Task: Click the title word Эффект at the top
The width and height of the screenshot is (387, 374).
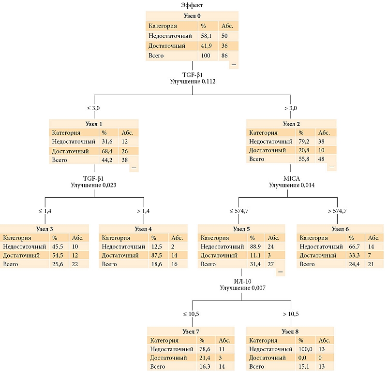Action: click(192, 5)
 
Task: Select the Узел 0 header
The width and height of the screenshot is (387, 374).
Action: click(192, 16)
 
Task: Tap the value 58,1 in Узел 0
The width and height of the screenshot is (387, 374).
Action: click(206, 36)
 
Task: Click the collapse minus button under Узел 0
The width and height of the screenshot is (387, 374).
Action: click(234, 65)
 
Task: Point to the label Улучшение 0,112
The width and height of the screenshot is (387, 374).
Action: click(193, 81)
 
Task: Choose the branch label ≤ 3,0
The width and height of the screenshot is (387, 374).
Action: click(93, 108)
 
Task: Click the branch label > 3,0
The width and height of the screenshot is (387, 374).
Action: click(291, 108)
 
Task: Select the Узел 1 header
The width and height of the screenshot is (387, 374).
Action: click(94, 124)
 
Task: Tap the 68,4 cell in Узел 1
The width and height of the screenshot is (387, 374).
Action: click(107, 151)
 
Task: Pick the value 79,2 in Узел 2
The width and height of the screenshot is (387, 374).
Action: click(304, 142)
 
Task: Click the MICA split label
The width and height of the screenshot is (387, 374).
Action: click(292, 178)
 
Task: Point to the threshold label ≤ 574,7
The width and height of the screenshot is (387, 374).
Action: click(238, 211)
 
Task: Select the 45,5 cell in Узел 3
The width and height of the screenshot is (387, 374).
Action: click(58, 246)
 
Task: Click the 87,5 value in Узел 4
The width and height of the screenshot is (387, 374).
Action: click(157, 256)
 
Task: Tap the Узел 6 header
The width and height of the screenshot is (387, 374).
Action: click(340, 229)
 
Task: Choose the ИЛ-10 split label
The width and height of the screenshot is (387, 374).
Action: click(243, 281)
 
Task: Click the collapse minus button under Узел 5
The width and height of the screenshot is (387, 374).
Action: click(280, 272)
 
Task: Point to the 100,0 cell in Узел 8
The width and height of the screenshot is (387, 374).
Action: click(305, 349)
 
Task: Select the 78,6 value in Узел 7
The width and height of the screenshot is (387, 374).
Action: click(205, 349)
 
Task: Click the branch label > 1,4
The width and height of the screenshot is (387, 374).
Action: click(143, 211)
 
